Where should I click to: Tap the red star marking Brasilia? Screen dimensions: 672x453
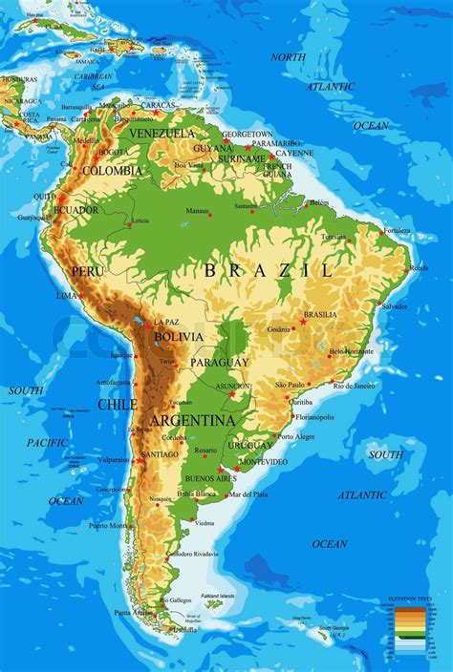(303, 322)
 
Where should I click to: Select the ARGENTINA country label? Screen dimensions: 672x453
(192, 420)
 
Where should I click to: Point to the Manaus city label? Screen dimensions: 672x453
(198, 211)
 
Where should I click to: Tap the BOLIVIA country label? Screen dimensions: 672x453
(178, 337)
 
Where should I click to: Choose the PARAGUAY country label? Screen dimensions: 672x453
(219, 363)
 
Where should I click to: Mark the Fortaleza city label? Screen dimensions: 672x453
(397, 230)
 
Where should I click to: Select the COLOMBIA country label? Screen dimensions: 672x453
(112, 171)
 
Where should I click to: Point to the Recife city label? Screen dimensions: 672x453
(419, 268)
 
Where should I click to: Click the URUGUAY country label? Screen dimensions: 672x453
(251, 446)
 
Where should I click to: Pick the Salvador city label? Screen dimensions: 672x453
(394, 306)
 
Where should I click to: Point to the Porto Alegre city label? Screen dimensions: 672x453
(296, 436)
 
